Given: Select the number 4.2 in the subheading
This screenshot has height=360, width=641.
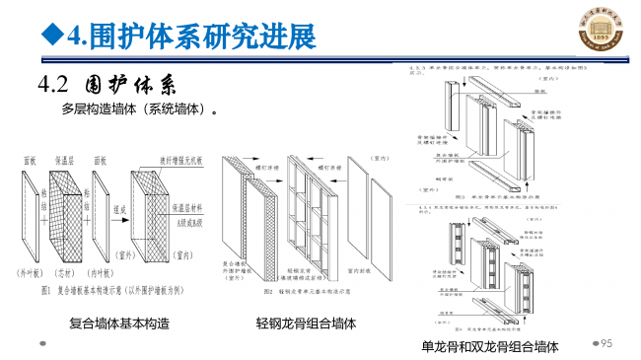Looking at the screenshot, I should [57, 83].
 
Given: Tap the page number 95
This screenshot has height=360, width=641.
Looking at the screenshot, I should [606, 342].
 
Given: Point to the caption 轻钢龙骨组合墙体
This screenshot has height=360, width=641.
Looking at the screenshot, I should [306, 323].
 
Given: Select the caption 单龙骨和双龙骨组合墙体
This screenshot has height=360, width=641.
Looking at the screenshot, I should [490, 346].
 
